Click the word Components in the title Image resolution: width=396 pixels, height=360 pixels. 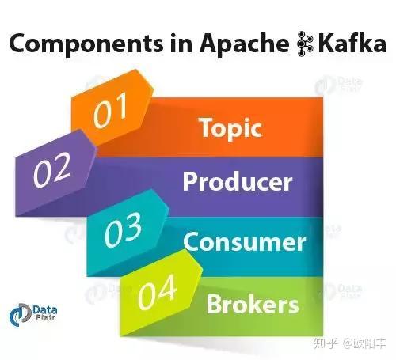(x=82, y=44)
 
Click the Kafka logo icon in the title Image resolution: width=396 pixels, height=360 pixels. (x=301, y=44)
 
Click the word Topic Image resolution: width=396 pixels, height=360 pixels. (x=230, y=127)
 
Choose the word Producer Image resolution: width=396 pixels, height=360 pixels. (x=238, y=182)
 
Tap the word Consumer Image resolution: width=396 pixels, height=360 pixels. (x=243, y=241)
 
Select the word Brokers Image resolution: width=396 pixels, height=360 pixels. (x=252, y=302)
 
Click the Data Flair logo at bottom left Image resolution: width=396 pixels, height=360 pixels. (x=28, y=314)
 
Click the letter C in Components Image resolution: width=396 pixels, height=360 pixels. (x=17, y=44)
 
